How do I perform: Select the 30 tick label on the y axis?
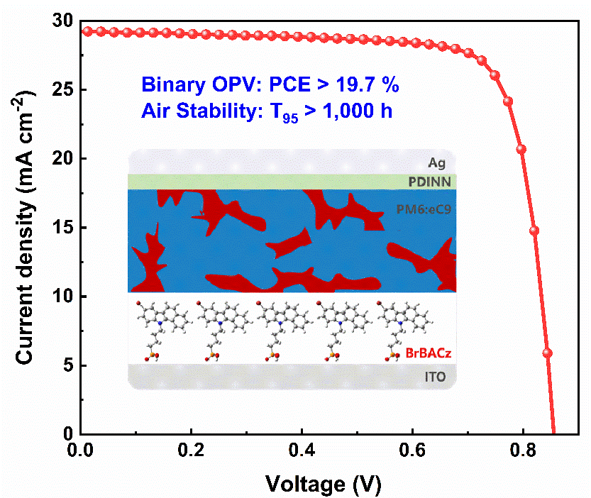pyautogui.click(x=62, y=22)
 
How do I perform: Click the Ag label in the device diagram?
pyautogui.click(x=438, y=162)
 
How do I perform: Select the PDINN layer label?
pyautogui.click(x=429, y=182)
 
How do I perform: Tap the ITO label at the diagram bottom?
pyautogui.click(x=435, y=377)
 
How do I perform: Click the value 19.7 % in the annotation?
pyautogui.click(x=367, y=86)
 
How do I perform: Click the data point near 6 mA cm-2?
pyautogui.click(x=547, y=353)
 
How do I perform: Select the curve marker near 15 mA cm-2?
pyautogui.click(x=534, y=231)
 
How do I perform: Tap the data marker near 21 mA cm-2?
pyautogui.click(x=521, y=149)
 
